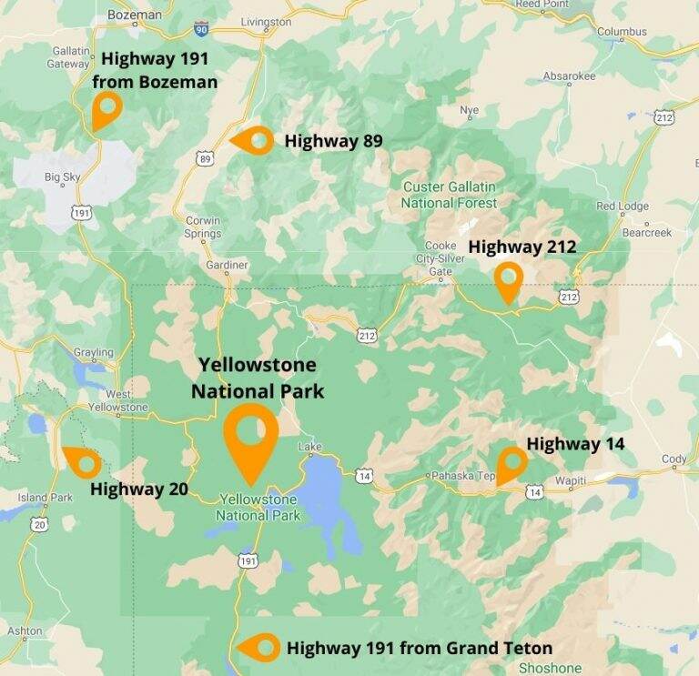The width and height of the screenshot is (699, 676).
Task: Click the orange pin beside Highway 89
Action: coord(254,141)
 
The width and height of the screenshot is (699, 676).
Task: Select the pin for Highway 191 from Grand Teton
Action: coord(260,648)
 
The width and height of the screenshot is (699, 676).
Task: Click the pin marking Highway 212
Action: coord(508,279)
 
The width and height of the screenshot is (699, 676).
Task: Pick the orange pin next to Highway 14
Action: coord(512,464)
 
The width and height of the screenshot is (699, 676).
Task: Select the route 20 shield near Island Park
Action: coord(38,524)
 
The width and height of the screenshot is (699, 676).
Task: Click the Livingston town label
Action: coord(266,21)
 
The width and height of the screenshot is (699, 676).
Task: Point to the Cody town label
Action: coord(674,459)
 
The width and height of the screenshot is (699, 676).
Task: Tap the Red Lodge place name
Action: coord(623,207)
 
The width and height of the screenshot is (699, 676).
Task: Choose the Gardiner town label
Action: coord(227,265)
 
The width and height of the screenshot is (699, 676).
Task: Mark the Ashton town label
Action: coord(25,631)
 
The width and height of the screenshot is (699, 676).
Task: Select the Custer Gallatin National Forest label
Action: coord(450,195)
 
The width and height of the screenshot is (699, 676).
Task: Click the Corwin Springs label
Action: coord(203,227)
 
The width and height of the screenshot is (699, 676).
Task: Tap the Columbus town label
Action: coord(622,32)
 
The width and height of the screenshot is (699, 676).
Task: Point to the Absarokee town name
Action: coord(568,76)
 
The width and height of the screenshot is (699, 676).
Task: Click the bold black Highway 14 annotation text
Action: coord(575,444)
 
